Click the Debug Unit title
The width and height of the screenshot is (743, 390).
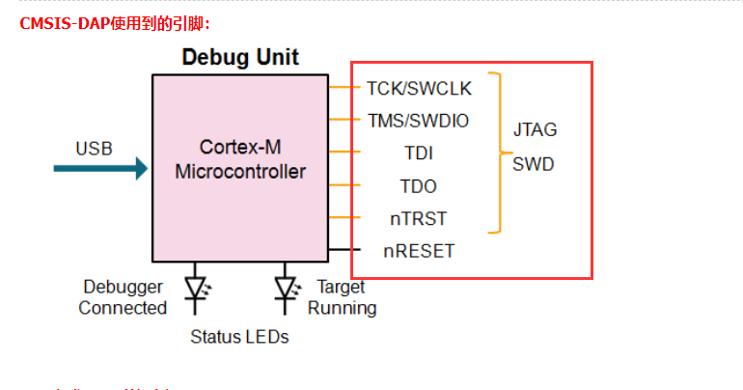(x=240, y=57)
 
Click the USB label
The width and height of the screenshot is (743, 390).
(x=94, y=149)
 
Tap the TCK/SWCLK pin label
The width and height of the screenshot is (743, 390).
(x=419, y=89)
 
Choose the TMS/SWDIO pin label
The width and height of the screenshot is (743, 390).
(x=419, y=121)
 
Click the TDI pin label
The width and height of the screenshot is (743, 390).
(x=419, y=153)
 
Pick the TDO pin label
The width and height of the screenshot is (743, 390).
(x=419, y=186)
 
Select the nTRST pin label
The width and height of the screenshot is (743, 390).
(x=419, y=219)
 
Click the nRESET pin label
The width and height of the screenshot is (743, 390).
(x=419, y=251)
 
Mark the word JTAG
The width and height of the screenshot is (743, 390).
(x=535, y=129)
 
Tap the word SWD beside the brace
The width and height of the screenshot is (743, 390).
(x=534, y=164)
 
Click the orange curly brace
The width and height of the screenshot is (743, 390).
(x=498, y=153)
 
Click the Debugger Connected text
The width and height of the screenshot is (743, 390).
(x=123, y=297)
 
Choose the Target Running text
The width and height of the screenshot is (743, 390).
(x=342, y=297)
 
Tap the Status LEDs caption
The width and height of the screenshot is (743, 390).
(x=239, y=337)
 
